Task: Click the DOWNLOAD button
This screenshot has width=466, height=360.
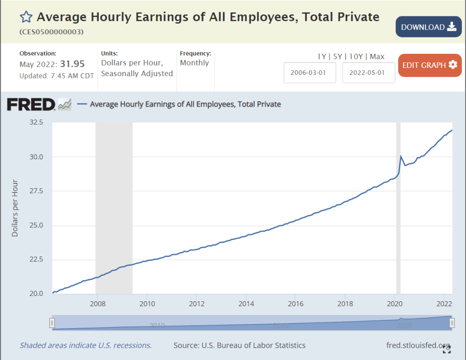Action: (x=429, y=27)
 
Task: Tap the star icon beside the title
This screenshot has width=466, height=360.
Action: (x=26, y=17)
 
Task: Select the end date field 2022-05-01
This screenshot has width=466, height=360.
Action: (x=369, y=73)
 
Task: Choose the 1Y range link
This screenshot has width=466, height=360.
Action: (x=322, y=57)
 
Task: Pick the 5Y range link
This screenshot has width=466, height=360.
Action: (x=338, y=57)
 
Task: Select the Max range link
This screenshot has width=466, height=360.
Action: (x=377, y=57)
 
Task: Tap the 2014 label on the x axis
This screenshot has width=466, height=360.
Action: (x=246, y=303)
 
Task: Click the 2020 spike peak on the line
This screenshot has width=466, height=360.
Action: (x=400, y=156)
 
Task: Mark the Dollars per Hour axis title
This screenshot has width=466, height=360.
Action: (x=15, y=208)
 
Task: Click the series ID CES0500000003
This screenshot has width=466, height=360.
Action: (x=51, y=32)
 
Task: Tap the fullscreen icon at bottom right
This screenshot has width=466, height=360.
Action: (x=447, y=349)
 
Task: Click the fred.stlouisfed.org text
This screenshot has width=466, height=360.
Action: (x=418, y=345)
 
